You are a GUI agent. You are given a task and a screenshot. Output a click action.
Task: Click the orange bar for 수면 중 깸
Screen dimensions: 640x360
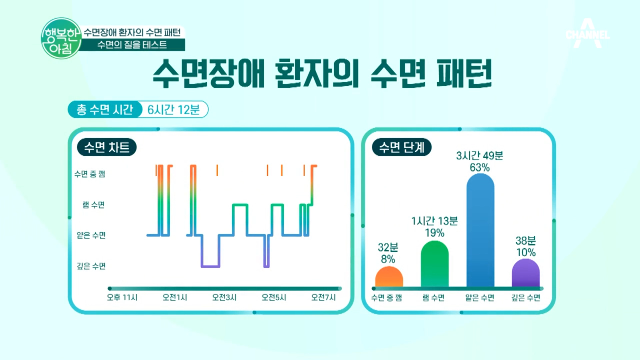click(x=389, y=277)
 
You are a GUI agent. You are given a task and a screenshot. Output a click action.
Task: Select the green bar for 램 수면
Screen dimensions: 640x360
click(x=435, y=264)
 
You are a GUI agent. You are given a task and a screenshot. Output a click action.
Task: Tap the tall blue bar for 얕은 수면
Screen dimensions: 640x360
click(x=480, y=230)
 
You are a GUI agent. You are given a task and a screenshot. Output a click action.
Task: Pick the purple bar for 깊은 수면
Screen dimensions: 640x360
click(x=526, y=273)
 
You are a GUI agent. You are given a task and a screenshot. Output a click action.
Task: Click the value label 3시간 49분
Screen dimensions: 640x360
click(x=480, y=156)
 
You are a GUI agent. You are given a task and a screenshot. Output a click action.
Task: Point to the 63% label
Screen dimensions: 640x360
click(x=480, y=167)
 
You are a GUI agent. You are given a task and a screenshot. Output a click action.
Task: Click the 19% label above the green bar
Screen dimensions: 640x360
click(x=435, y=233)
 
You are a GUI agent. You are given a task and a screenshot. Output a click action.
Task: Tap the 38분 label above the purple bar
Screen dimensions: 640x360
click(x=526, y=240)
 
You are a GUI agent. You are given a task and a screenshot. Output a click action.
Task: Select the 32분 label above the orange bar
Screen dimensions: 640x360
click(x=388, y=247)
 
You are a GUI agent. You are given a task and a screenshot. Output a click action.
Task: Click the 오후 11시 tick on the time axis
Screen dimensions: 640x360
click(x=122, y=297)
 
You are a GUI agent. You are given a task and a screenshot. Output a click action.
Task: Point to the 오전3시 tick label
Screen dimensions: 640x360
click(x=224, y=297)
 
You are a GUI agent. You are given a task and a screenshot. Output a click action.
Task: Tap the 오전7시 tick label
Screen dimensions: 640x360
click(x=323, y=297)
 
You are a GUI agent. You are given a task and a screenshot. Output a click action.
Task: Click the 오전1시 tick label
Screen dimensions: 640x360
click(x=175, y=297)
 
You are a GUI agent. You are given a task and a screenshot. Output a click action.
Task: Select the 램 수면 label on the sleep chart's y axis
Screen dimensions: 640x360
click(x=94, y=205)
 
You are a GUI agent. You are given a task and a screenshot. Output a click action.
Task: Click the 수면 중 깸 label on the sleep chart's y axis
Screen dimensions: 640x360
click(x=90, y=174)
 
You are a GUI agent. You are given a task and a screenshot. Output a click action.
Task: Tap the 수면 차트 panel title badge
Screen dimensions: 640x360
click(x=107, y=147)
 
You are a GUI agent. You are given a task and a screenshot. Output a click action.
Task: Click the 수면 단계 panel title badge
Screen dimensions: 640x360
click(x=402, y=147)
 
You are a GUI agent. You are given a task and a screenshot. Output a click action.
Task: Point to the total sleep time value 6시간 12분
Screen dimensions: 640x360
click(x=174, y=109)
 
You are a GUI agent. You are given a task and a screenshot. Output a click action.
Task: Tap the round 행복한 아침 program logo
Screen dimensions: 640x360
click(x=61, y=38)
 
